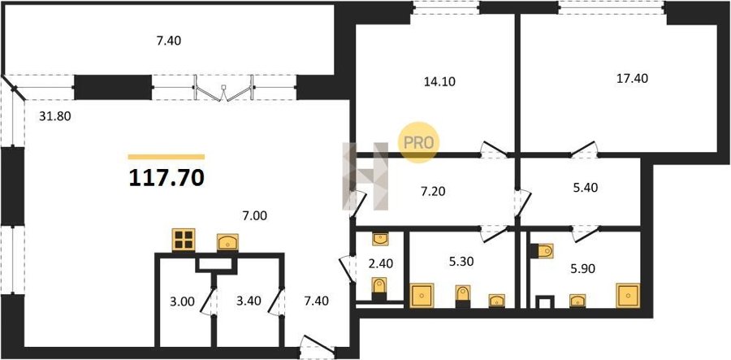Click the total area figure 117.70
coord(167,178)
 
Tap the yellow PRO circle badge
coord(418,142)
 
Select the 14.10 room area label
coord(439,82)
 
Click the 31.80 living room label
coord(54,116)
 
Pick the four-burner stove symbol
coord(184,240)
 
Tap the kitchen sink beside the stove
coord(227,242)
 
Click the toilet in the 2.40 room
coord(379,287)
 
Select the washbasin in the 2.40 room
coord(380,239)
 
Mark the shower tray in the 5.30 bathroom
coord(422,295)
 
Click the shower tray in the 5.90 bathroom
coord(628,295)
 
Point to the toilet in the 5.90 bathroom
coord(542,251)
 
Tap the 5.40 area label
coord(584,188)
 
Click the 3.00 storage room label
coord(181,301)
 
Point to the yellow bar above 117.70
coord(167,157)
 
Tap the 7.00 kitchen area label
coord(254,216)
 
